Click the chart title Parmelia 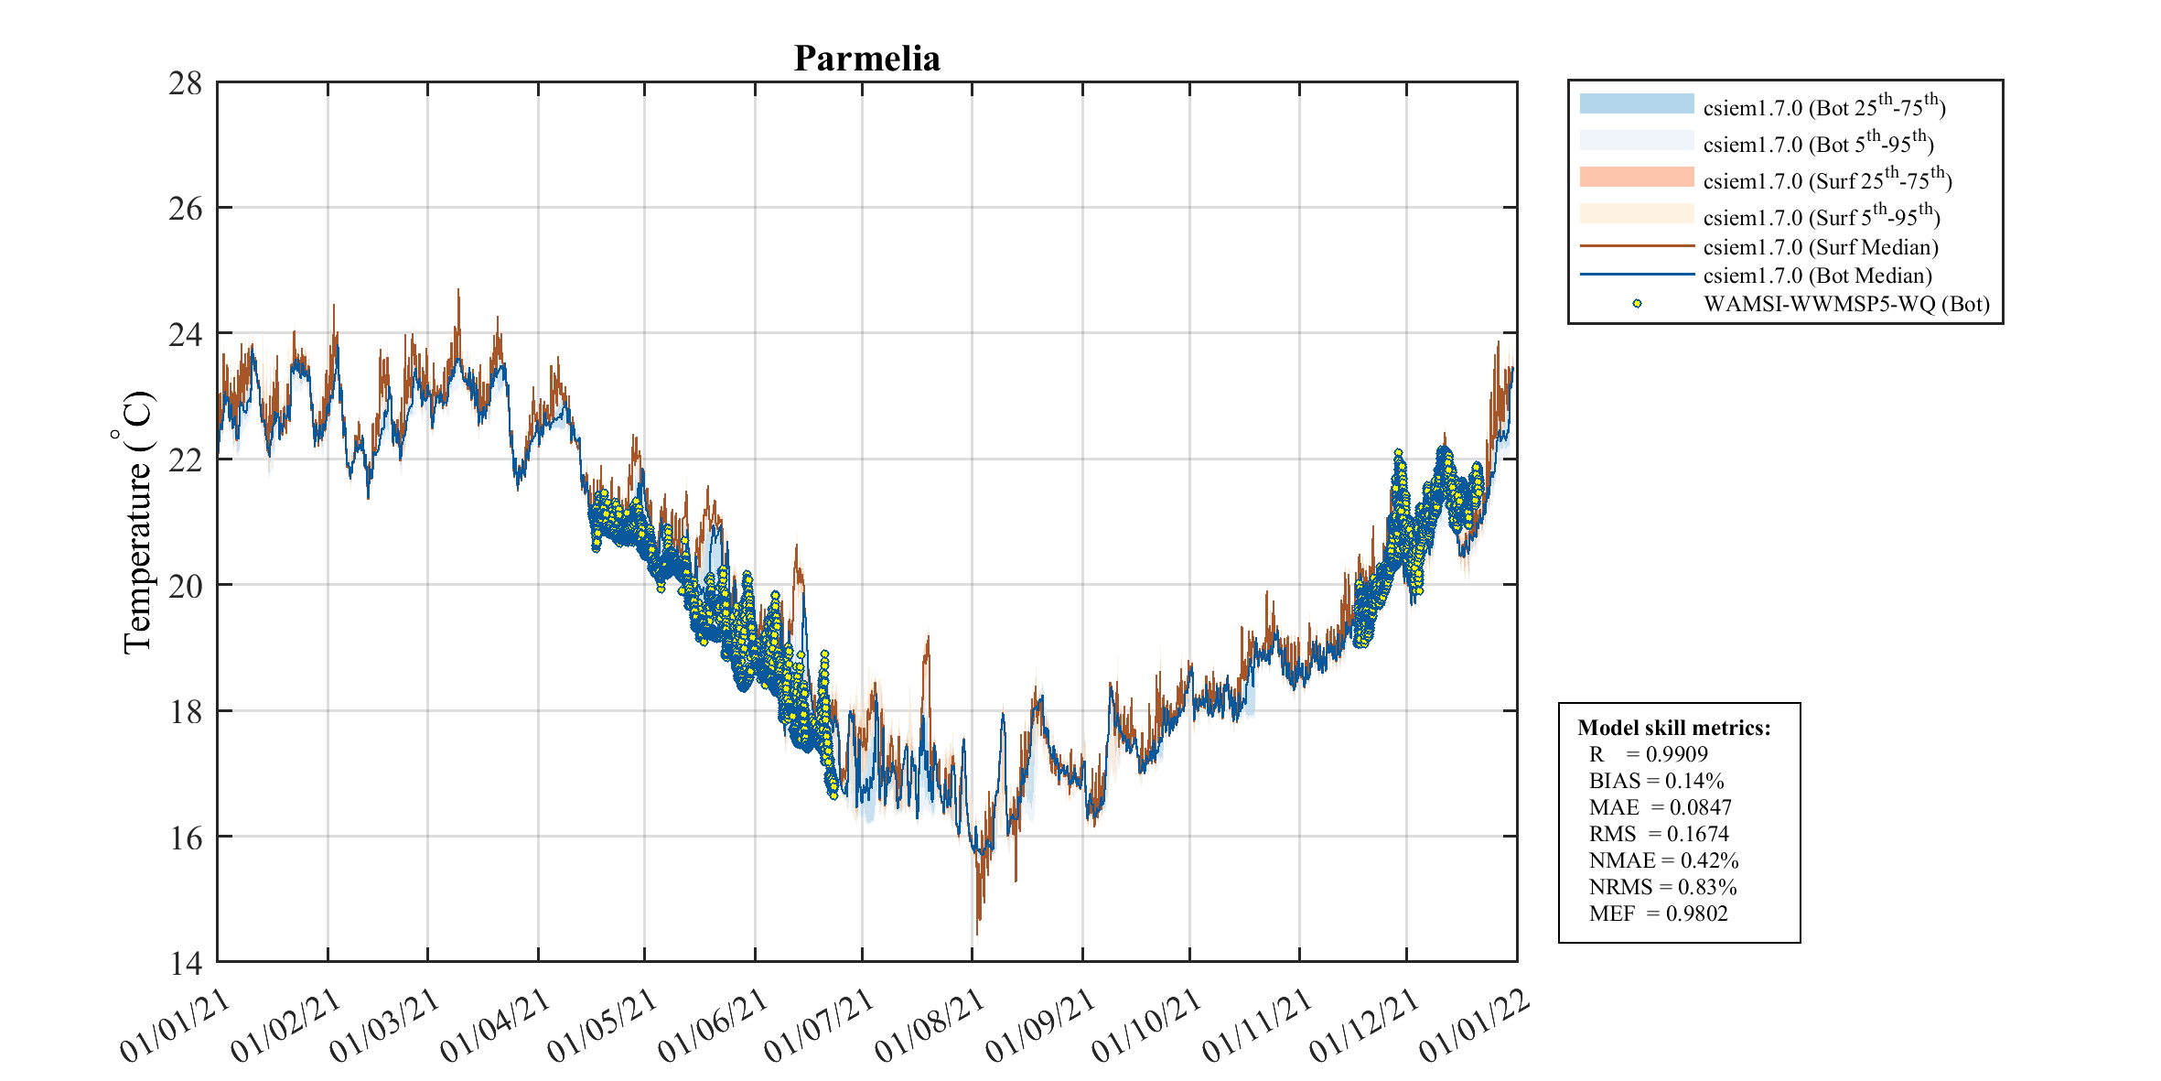click(x=866, y=59)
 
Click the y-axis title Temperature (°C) click(x=136, y=523)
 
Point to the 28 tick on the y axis click(x=186, y=84)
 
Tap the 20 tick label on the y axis click(x=186, y=586)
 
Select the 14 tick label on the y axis click(x=186, y=963)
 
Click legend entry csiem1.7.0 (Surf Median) click(x=1821, y=247)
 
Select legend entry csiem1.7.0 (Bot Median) click(x=1817, y=276)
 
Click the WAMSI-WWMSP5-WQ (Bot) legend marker click(x=1637, y=304)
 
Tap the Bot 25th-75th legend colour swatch click(x=1637, y=103)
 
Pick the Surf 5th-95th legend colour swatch click(x=1637, y=213)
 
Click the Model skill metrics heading click(x=1674, y=728)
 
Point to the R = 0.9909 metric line click(x=1649, y=754)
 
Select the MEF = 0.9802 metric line click(x=1659, y=913)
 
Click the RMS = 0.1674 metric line click(x=1659, y=834)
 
